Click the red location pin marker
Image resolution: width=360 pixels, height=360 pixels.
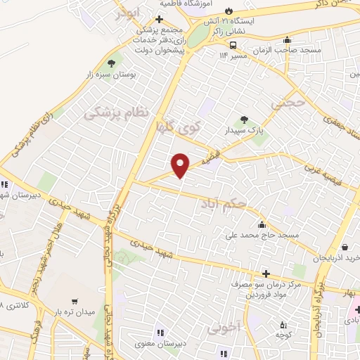181,164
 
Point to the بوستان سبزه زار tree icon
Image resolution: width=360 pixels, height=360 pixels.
112,61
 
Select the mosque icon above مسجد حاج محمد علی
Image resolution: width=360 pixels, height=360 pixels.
262,225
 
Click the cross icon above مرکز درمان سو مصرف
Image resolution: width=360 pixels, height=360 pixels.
265,274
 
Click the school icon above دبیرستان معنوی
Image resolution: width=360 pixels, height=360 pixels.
160,333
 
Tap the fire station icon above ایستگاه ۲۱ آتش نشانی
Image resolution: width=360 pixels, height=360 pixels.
229,10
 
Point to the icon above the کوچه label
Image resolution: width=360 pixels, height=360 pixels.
283,325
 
